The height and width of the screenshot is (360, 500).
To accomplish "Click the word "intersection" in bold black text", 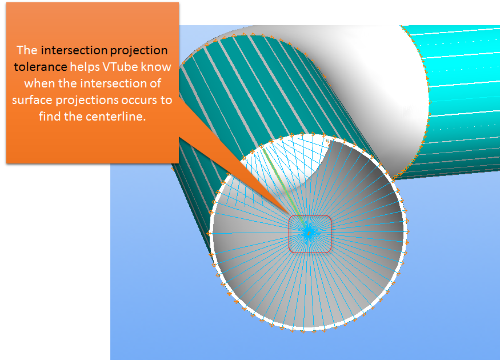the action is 74,50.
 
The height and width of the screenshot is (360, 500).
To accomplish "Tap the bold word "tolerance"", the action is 41,67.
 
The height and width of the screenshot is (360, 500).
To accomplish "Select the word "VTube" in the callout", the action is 120,67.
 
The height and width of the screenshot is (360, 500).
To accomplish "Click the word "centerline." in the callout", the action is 116,117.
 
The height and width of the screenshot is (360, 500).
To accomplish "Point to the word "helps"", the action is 85,67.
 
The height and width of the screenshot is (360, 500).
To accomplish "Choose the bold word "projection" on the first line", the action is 139,51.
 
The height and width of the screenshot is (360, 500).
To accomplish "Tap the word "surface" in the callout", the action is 33,101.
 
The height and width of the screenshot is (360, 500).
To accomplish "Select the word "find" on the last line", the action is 50,117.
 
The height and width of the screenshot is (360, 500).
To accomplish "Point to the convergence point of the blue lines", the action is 308,233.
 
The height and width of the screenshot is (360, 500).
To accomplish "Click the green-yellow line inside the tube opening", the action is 282,183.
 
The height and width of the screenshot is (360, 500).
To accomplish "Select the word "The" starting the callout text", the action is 27,50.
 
